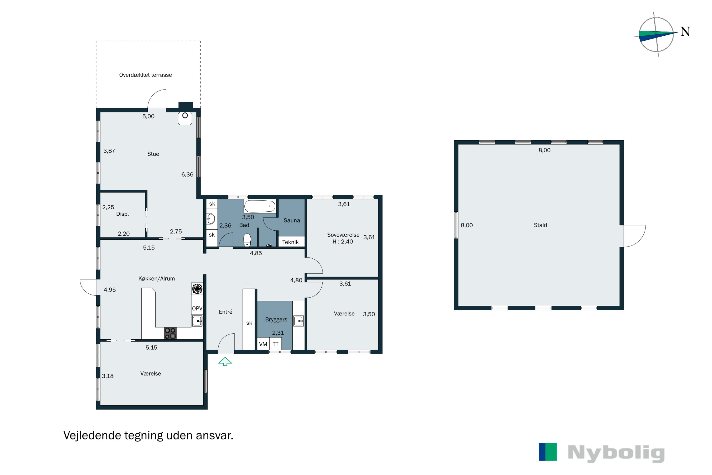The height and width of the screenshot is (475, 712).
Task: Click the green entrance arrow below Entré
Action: click(x=225, y=361)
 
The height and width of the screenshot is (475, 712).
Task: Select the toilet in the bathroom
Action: click(x=247, y=240)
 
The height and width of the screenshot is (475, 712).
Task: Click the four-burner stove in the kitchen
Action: click(x=170, y=333)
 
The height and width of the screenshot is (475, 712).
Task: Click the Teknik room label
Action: click(x=290, y=242)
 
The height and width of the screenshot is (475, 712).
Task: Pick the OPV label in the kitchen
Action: click(x=197, y=308)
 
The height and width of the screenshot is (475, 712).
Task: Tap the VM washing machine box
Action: click(x=263, y=344)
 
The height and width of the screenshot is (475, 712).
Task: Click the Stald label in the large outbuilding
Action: click(x=540, y=225)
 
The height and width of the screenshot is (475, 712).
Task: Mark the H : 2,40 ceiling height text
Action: click(x=343, y=242)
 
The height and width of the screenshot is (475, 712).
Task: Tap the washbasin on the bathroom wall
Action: click(x=211, y=218)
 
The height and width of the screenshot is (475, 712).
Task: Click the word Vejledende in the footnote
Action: click(x=92, y=435)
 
